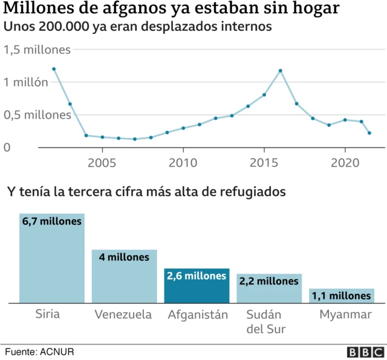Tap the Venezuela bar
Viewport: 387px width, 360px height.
coord(124,277)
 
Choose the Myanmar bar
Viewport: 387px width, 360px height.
coord(342,296)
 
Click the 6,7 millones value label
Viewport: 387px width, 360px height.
coord(51,222)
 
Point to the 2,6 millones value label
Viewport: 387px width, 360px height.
coord(197,276)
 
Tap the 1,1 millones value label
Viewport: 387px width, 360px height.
coord(342,296)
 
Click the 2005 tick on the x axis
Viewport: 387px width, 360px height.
coord(102,163)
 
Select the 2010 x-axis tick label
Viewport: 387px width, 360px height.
coord(183,163)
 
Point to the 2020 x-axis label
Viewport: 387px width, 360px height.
coord(345,163)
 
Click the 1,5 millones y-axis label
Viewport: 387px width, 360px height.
coord(37,50)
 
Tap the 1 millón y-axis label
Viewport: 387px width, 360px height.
coord(26,82)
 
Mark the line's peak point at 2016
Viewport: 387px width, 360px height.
coord(281,71)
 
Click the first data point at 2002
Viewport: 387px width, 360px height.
coord(54,69)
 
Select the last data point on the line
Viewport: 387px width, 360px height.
coord(369,133)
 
